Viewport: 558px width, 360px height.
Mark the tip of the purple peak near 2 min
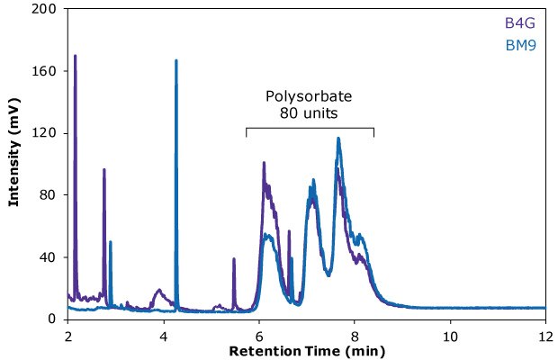[75, 56]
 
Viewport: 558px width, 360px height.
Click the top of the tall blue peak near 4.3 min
[175, 60]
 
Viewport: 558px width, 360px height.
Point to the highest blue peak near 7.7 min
[338, 138]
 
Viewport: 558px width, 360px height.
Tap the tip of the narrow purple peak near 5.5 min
[234, 259]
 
